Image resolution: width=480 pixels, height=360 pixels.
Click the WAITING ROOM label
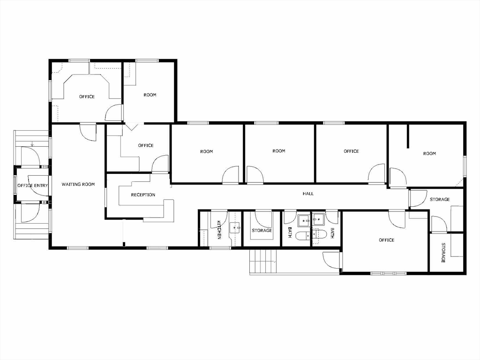coord(78,185)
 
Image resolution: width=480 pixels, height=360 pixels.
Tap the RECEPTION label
coord(143,195)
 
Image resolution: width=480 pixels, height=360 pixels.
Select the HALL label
coord(308,194)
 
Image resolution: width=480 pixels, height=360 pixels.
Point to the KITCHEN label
coord(219,230)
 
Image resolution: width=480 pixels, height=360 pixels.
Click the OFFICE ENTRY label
coord(33,186)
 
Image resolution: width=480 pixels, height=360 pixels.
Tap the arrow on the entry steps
coord(32,144)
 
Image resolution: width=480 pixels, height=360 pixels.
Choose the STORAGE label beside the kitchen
coord(262,231)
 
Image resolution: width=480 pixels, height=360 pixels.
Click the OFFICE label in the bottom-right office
coord(386,240)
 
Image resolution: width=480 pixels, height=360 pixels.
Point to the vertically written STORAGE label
coord(443,252)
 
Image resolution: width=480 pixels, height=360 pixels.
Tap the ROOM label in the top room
coord(150,95)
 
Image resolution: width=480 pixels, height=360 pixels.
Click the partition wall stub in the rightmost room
coord(409,136)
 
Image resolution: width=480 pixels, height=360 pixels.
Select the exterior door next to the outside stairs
coord(331,260)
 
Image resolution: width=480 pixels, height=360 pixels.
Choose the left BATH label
coord(290,232)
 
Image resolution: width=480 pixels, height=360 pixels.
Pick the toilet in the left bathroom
coord(303,235)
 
